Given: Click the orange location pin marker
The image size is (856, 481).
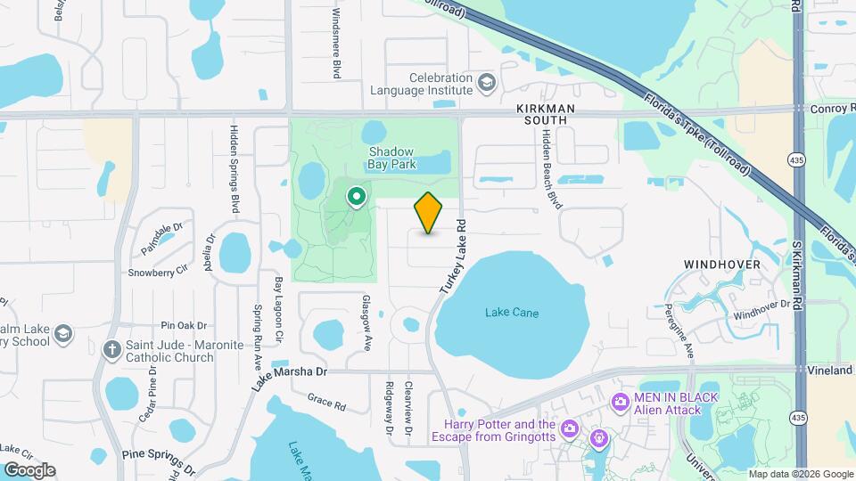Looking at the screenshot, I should pos(429,212).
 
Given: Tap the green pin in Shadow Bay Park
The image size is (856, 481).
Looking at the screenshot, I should pos(357,195).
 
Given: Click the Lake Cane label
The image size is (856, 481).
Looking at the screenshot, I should pos(512,313).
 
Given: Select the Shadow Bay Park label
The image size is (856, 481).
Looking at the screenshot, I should pos(392,158).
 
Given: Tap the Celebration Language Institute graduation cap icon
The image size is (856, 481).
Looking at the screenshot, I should pos(487,84).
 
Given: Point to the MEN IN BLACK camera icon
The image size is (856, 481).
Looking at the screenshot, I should pos(620,402).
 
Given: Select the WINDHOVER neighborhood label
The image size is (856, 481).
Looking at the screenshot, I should pos(721,265).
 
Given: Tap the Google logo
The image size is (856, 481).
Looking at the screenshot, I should pos(29,469).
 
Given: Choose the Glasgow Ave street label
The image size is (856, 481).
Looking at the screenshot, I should pos(365,317).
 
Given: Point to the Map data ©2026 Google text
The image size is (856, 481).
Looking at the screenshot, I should pos(800,473).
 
